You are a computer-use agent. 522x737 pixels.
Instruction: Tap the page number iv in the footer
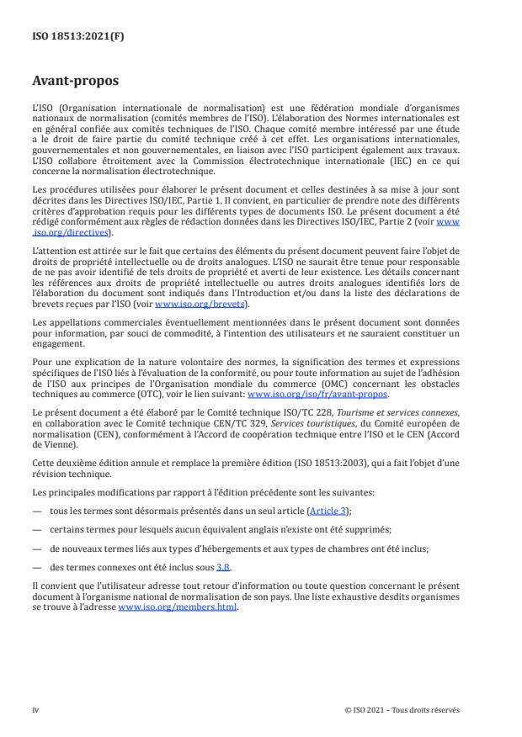35,710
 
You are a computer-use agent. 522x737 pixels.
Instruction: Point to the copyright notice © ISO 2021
402,710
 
